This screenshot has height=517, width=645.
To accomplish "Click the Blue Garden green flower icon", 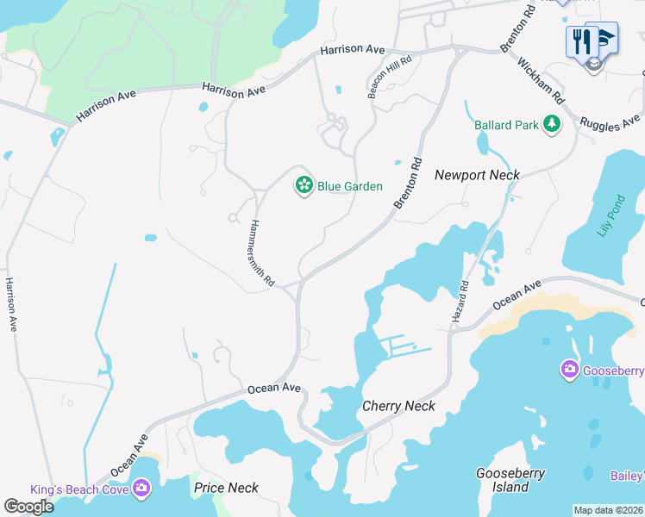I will tap(304, 184).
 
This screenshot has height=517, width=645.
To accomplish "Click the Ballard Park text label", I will tap(506, 125).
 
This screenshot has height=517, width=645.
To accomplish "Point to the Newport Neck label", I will tap(477, 175).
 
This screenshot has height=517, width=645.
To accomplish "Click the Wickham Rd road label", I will tap(541, 79).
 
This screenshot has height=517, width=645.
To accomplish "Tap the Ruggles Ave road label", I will tap(611, 121).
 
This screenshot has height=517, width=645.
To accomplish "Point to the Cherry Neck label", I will tap(398, 406).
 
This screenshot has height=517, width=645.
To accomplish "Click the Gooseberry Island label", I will tap(503, 480).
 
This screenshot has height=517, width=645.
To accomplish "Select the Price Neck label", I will tap(226, 488).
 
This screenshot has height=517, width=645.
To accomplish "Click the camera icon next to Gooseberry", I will tap(569, 371).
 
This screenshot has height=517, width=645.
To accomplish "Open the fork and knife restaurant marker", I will tap(581, 40).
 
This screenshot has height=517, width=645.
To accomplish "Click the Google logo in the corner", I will tap(28, 507).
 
